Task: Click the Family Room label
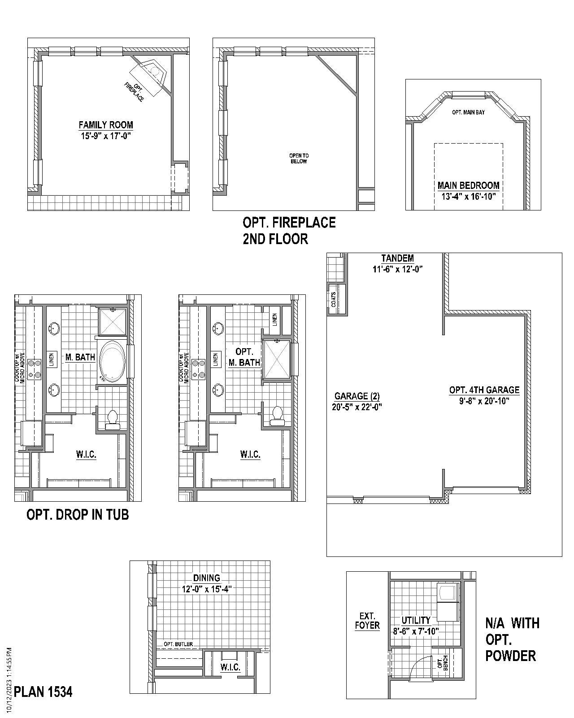[106, 125]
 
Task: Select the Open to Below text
[299, 158]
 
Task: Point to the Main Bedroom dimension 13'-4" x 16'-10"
[469, 196]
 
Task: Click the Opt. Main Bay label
[468, 112]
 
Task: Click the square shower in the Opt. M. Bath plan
[277, 359]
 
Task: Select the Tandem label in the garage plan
[397, 258]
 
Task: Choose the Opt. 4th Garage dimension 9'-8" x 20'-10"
[484, 401]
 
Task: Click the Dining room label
[207, 578]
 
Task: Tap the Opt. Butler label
[178, 644]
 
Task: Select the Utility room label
[416, 620]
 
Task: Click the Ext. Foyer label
[367, 621]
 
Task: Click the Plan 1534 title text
[43, 692]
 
